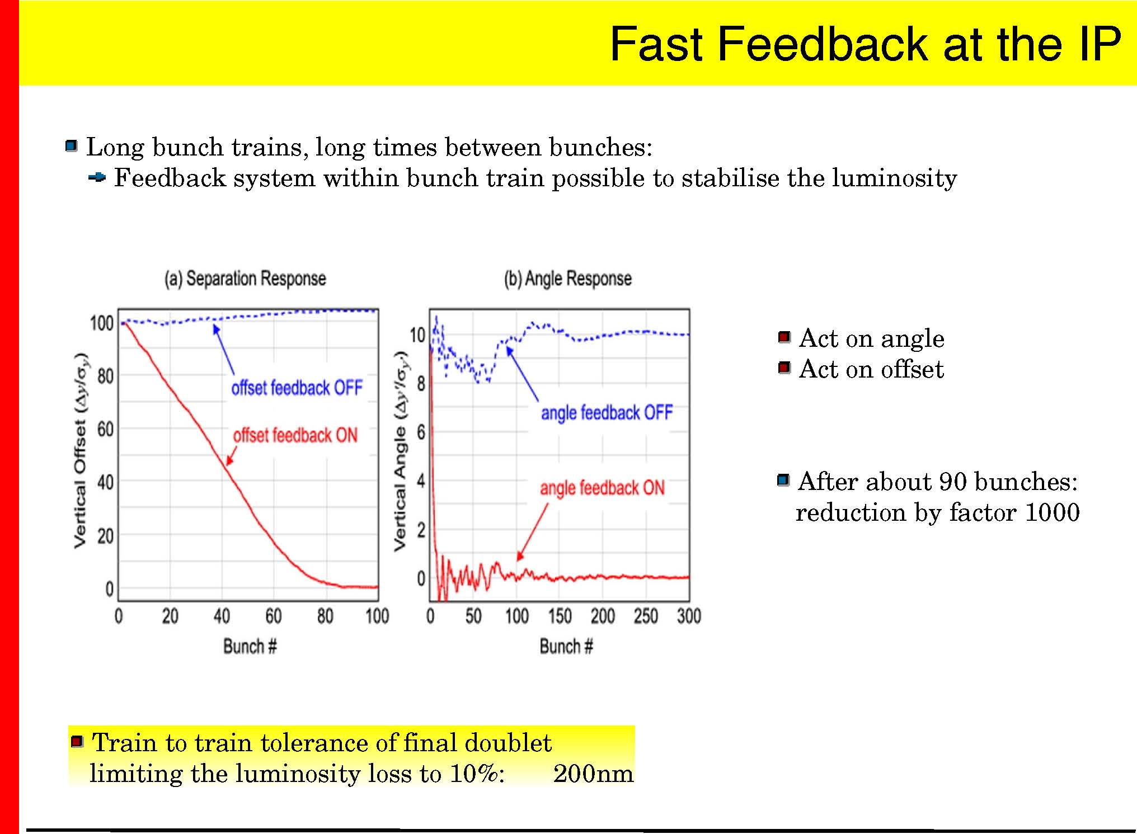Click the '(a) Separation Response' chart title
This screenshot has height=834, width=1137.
[x=245, y=279]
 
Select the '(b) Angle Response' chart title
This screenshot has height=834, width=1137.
[x=568, y=279]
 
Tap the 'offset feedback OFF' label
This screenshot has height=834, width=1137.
[x=297, y=388]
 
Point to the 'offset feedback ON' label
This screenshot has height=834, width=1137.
[x=295, y=435]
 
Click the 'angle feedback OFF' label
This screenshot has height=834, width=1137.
[x=607, y=413]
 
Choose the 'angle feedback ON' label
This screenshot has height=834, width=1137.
[x=603, y=488]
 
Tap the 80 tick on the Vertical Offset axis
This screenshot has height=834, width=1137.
[x=105, y=376]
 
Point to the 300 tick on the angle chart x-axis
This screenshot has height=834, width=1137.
[x=689, y=616]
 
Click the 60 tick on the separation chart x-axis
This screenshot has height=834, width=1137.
[x=274, y=616]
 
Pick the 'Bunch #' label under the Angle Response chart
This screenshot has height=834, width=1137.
[x=566, y=647]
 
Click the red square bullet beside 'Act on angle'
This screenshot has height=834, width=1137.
[x=784, y=337]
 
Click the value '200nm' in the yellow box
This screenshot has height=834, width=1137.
[x=593, y=774]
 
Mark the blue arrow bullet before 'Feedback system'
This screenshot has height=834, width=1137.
[x=97, y=178]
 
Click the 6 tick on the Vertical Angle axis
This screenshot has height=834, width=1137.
[x=421, y=432]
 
